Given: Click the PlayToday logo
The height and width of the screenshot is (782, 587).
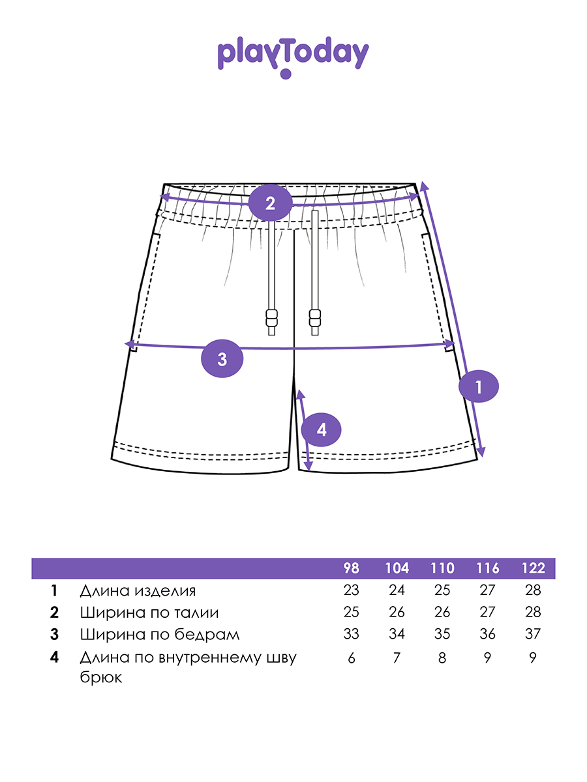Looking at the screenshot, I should click(293, 57).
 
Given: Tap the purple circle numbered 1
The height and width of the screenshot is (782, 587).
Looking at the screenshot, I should click(478, 387).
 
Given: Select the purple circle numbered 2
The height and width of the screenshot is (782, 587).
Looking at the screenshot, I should click(270, 202).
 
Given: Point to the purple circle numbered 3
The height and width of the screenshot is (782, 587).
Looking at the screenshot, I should click(222, 358).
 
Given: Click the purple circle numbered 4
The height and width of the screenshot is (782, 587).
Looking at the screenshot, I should click(322, 429).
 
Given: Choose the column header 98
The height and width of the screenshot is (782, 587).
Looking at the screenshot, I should click(352, 568).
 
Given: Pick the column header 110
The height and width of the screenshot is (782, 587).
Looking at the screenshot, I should click(442, 568).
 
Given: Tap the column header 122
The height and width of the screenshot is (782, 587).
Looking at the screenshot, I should click(533, 568).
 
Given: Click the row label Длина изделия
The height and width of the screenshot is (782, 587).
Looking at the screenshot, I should click(138, 591).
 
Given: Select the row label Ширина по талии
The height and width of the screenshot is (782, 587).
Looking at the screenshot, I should click(149, 613).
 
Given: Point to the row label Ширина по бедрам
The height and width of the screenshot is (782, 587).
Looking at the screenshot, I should click(160, 634).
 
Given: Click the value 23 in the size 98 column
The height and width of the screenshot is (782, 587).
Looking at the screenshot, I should click(352, 591).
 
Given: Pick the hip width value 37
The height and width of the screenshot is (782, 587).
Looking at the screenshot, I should click(533, 634).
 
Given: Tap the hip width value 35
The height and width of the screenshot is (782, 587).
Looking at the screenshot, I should click(442, 634).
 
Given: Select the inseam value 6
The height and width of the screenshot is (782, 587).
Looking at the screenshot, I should click(352, 658).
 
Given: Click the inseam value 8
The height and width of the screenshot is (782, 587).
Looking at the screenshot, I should click(442, 658).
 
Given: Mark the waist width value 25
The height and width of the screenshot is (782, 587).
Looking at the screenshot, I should click(352, 613).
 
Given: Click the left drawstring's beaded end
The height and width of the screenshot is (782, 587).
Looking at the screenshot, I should click(271, 320).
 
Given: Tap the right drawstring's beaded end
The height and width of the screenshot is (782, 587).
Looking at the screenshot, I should click(316, 320).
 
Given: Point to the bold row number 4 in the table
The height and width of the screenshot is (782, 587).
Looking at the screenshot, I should click(55, 658).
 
